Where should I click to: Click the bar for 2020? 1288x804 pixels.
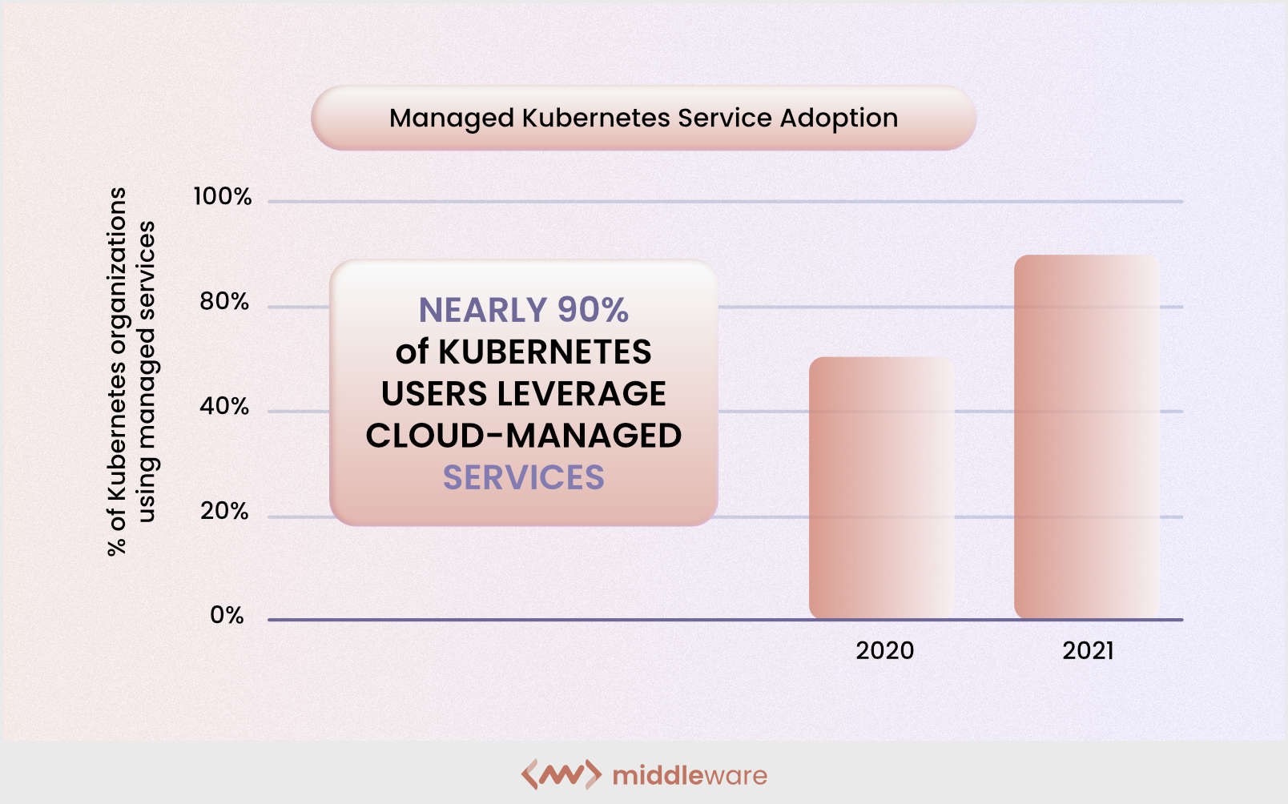(881, 488)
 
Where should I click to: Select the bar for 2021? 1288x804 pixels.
(1086, 436)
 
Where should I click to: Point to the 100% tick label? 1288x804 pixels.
(223, 197)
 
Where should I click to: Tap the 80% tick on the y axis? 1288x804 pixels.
(224, 302)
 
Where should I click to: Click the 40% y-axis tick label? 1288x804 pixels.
(224, 407)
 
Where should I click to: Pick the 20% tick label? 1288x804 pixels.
(224, 512)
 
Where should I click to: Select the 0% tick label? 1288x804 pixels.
(227, 616)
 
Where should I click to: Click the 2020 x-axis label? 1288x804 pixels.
(884, 650)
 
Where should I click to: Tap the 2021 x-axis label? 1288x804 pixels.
(1088, 650)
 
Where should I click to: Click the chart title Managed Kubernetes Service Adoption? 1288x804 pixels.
(643, 119)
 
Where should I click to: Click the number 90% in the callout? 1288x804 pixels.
(593, 310)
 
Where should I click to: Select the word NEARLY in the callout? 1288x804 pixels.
(482, 310)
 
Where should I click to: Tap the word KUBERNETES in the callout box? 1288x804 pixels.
(545, 352)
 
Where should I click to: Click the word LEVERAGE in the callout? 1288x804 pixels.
(582, 394)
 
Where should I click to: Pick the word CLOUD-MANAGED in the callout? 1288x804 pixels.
(524, 436)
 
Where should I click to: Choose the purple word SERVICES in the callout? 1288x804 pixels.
(524, 478)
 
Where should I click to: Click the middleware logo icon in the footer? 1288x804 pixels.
(561, 774)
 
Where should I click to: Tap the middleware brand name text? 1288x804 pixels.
(690, 775)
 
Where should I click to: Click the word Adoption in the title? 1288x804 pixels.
(839, 119)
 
